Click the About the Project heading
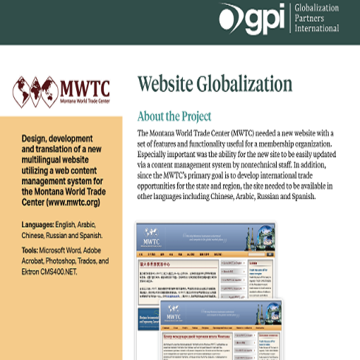174,115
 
